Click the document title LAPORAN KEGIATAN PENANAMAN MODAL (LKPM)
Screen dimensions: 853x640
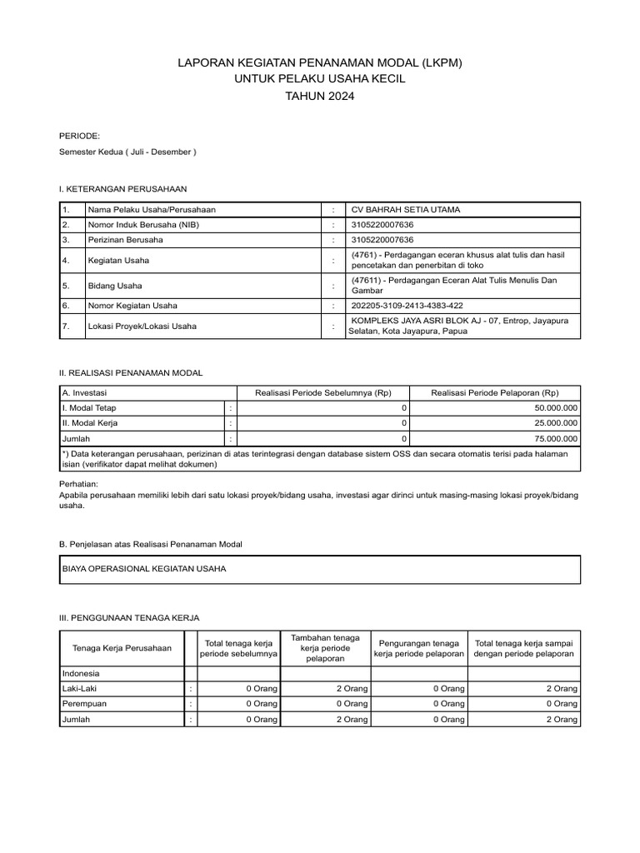[x=320, y=62]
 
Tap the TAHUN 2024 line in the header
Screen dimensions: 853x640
[x=320, y=96]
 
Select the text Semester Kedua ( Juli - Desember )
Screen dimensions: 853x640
[x=127, y=152]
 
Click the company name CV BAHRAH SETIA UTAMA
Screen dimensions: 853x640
[x=406, y=209]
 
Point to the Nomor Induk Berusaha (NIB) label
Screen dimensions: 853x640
[x=143, y=225]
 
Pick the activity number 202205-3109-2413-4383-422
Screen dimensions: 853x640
[x=409, y=306]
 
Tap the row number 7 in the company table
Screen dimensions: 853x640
[x=66, y=327]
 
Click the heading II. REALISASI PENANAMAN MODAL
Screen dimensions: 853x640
[x=131, y=372]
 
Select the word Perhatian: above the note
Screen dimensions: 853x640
[x=79, y=484]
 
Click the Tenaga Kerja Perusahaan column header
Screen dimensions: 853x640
[x=122, y=648]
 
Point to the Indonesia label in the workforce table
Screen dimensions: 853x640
[x=81, y=673]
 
